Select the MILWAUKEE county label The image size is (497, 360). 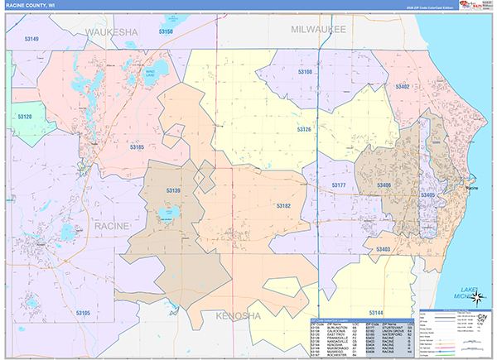pyautogui.click(x=318, y=29)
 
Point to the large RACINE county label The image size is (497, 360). pyautogui.click(x=111, y=225)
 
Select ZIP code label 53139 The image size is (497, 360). pyautogui.click(x=173, y=191)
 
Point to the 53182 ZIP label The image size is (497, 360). pyautogui.click(x=283, y=205)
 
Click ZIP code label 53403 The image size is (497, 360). pyautogui.click(x=383, y=248)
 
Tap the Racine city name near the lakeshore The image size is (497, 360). pyautogui.click(x=472, y=190)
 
